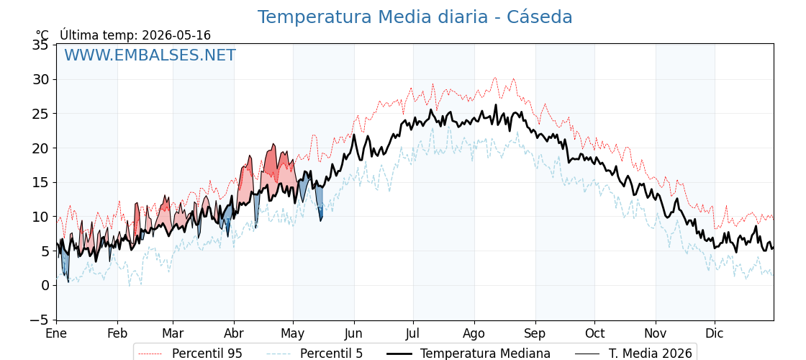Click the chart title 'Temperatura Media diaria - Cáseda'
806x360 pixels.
(415, 17)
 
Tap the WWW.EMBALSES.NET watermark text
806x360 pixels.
(150, 55)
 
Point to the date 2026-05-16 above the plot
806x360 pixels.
(176, 35)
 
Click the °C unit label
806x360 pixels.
(42, 35)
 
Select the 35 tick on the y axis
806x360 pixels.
(40, 45)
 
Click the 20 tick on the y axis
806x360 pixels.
(40, 148)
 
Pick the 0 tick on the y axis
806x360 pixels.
(45, 285)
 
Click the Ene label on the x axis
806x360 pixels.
(56, 333)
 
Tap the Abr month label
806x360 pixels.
(234, 333)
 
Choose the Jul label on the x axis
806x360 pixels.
(413, 333)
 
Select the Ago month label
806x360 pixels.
(474, 334)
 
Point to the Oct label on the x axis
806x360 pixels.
(594, 333)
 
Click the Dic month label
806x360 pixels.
(715, 333)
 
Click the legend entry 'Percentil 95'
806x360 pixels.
(207, 354)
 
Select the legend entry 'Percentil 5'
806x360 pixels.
(332, 354)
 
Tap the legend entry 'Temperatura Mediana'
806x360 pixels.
(485, 354)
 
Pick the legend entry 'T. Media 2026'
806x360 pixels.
(651, 354)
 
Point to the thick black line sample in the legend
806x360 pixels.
(399, 354)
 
